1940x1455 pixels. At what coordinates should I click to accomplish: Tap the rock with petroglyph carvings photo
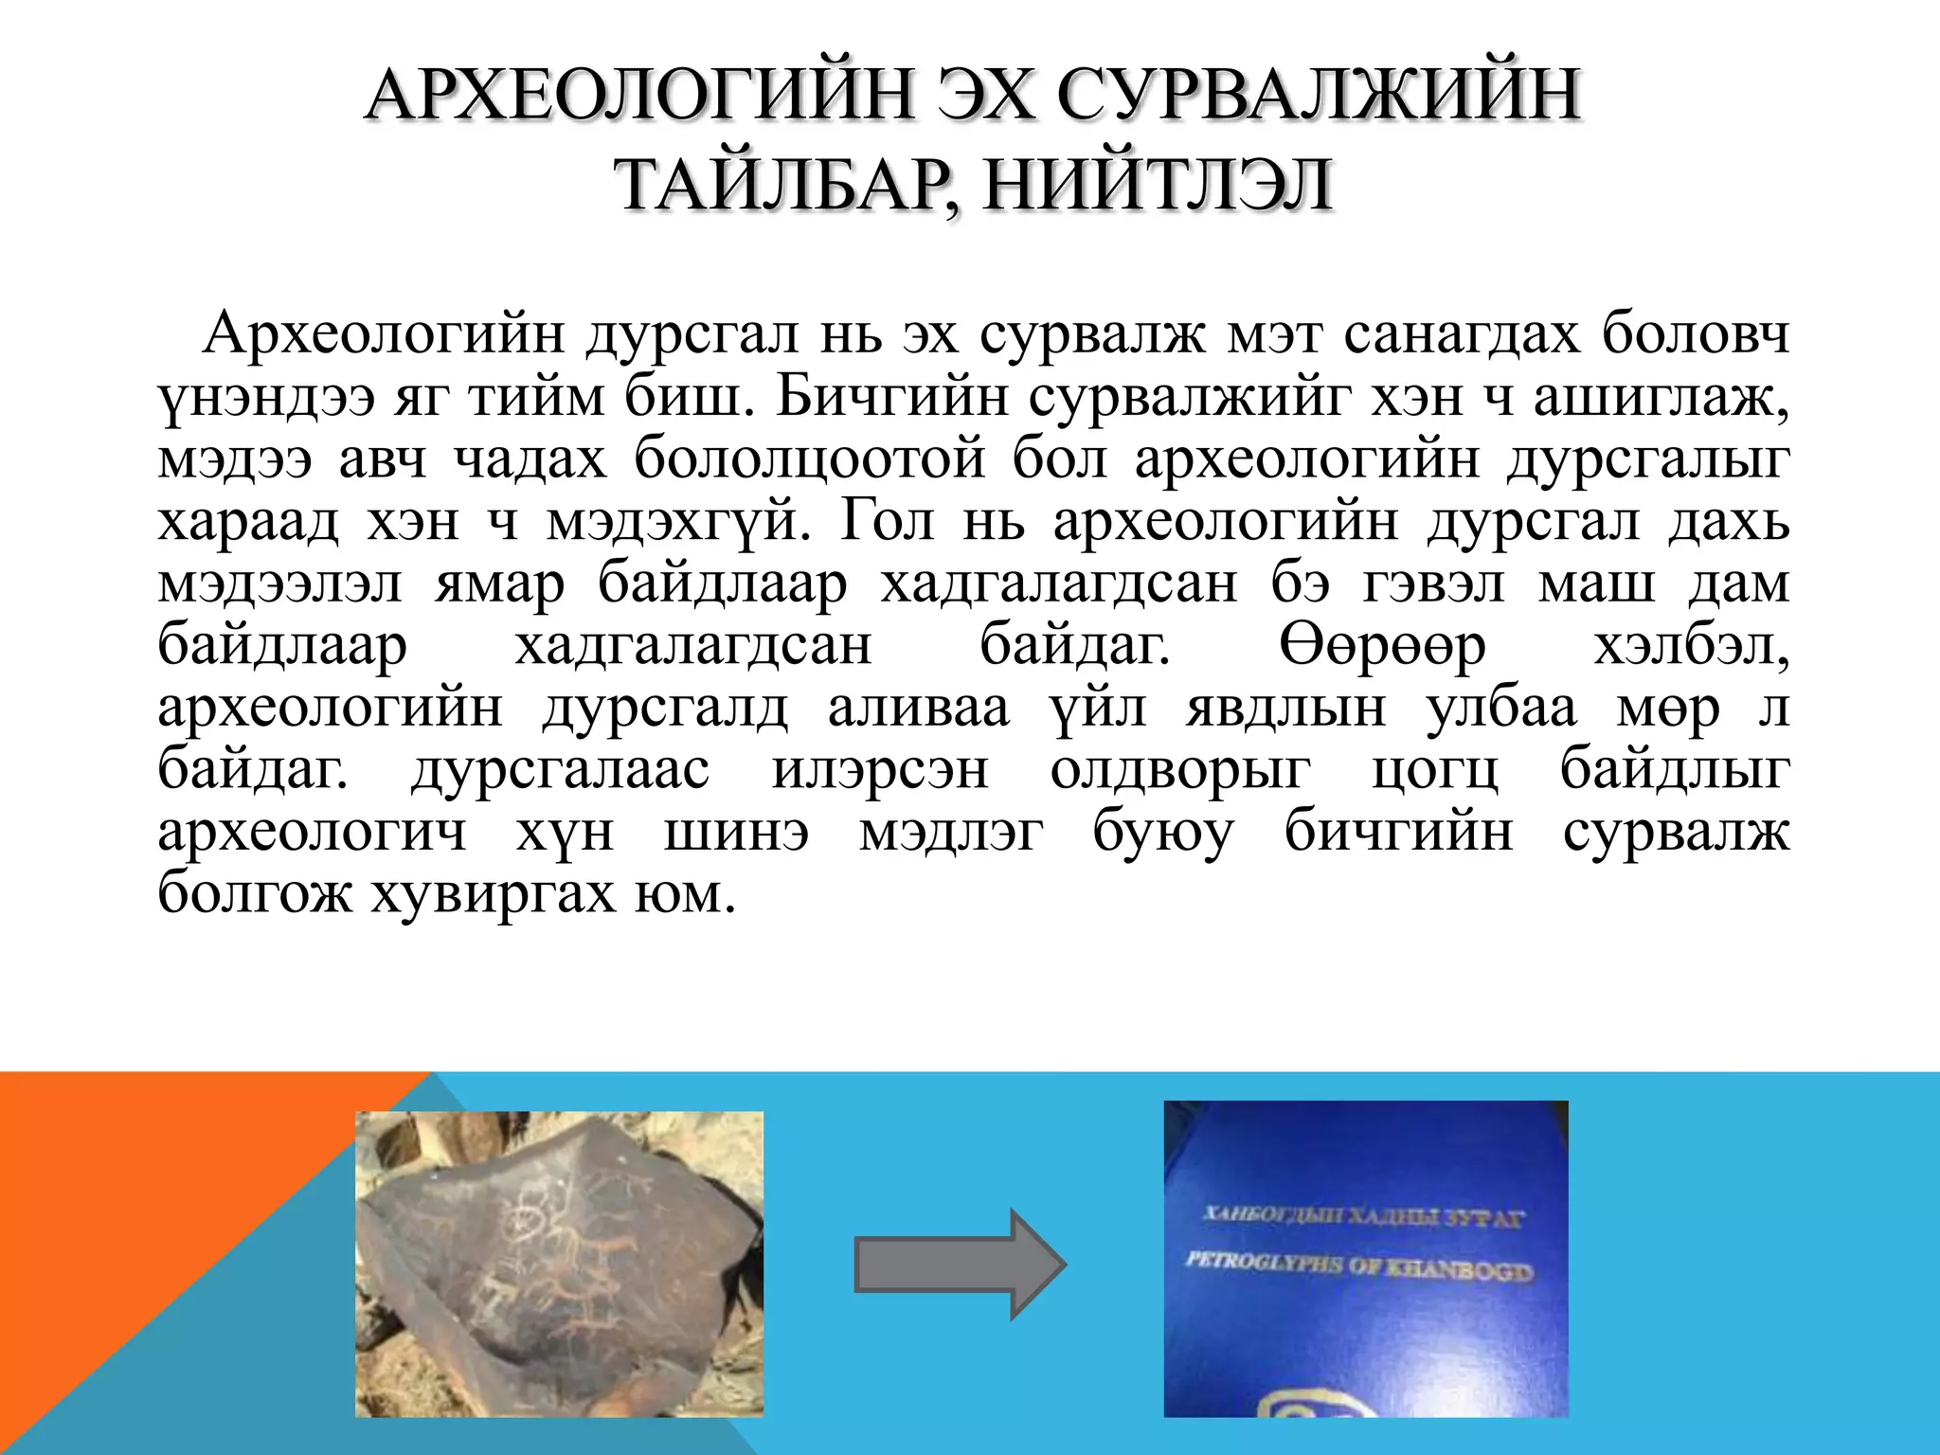(559, 1264)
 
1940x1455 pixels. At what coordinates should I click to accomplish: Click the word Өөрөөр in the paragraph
(1382, 646)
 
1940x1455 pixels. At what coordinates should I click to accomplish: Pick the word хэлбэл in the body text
(1691, 646)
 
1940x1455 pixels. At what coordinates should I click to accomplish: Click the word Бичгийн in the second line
(891, 397)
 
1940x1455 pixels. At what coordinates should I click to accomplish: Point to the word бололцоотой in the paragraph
(810, 459)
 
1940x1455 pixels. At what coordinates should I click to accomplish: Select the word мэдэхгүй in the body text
(678, 521)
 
